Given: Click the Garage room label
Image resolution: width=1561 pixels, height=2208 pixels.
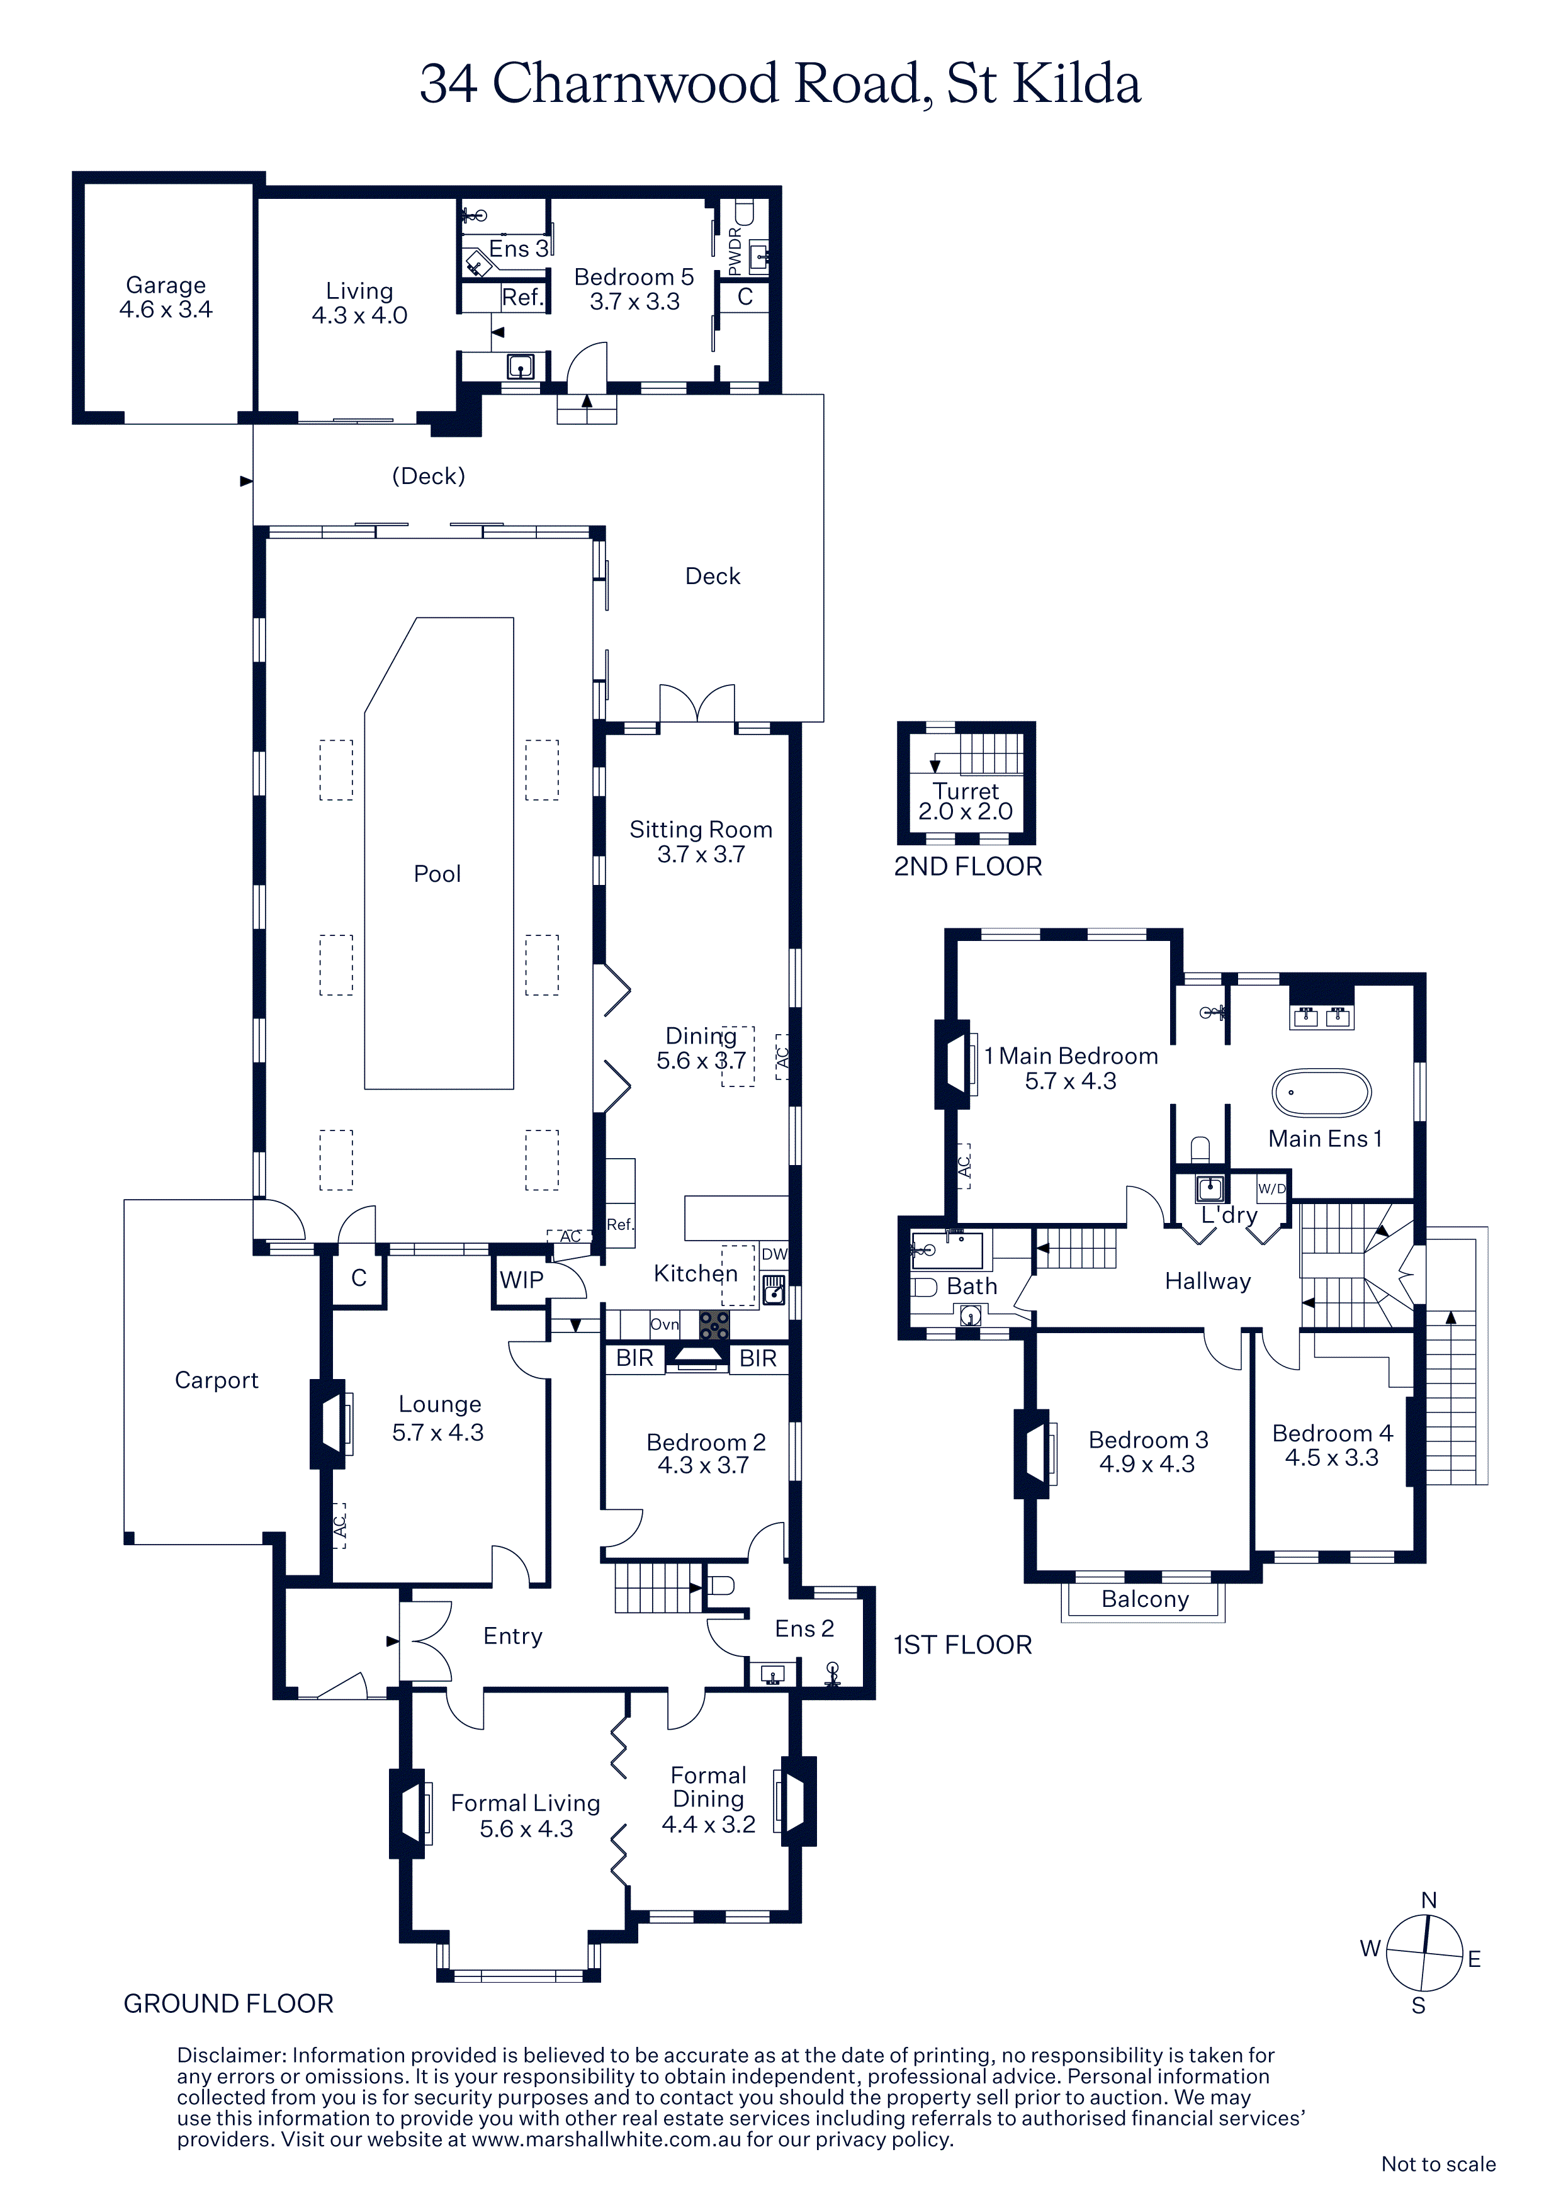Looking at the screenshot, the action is [x=166, y=297].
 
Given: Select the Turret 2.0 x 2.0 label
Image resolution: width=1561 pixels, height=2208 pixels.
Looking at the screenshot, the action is [x=966, y=801].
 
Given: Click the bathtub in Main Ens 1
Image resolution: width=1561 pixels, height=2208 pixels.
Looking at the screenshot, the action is [x=1322, y=1093].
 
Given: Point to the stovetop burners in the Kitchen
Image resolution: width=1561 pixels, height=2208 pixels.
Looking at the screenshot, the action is [x=714, y=1325].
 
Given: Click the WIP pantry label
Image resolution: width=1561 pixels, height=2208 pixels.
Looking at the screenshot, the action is [x=521, y=1280].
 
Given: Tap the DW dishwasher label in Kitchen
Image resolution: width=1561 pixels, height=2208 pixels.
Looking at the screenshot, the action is [x=774, y=1254].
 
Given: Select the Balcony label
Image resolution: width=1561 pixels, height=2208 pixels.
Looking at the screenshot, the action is [x=1144, y=1598].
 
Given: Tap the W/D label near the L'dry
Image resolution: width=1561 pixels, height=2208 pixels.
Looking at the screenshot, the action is [x=1271, y=1188].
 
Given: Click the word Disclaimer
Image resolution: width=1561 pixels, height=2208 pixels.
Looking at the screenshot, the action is [x=231, y=2055].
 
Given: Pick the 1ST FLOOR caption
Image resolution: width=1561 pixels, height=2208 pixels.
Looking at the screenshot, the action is [x=963, y=1645].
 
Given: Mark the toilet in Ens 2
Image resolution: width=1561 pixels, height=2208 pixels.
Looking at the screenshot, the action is [x=721, y=1585].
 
